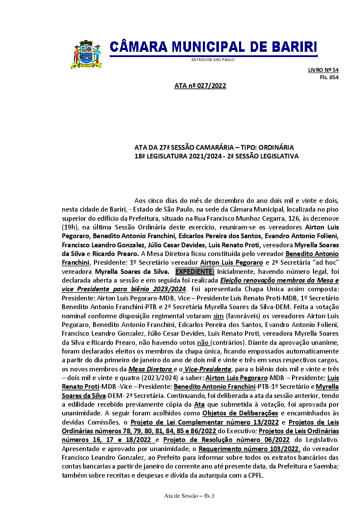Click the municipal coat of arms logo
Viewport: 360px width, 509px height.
pyautogui.click(x=85, y=54)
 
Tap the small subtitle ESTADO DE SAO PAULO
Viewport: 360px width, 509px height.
pyautogui.click(x=213, y=59)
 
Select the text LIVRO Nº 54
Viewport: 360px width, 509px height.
pyautogui.click(x=323, y=70)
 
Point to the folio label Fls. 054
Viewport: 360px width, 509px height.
pyautogui.click(x=329, y=77)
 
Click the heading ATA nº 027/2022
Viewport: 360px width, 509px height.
pyautogui.click(x=200, y=86)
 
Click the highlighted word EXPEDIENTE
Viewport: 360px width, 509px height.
pyautogui.click(x=195, y=272)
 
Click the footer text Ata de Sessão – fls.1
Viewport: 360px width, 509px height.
pyautogui.click(x=190, y=496)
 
